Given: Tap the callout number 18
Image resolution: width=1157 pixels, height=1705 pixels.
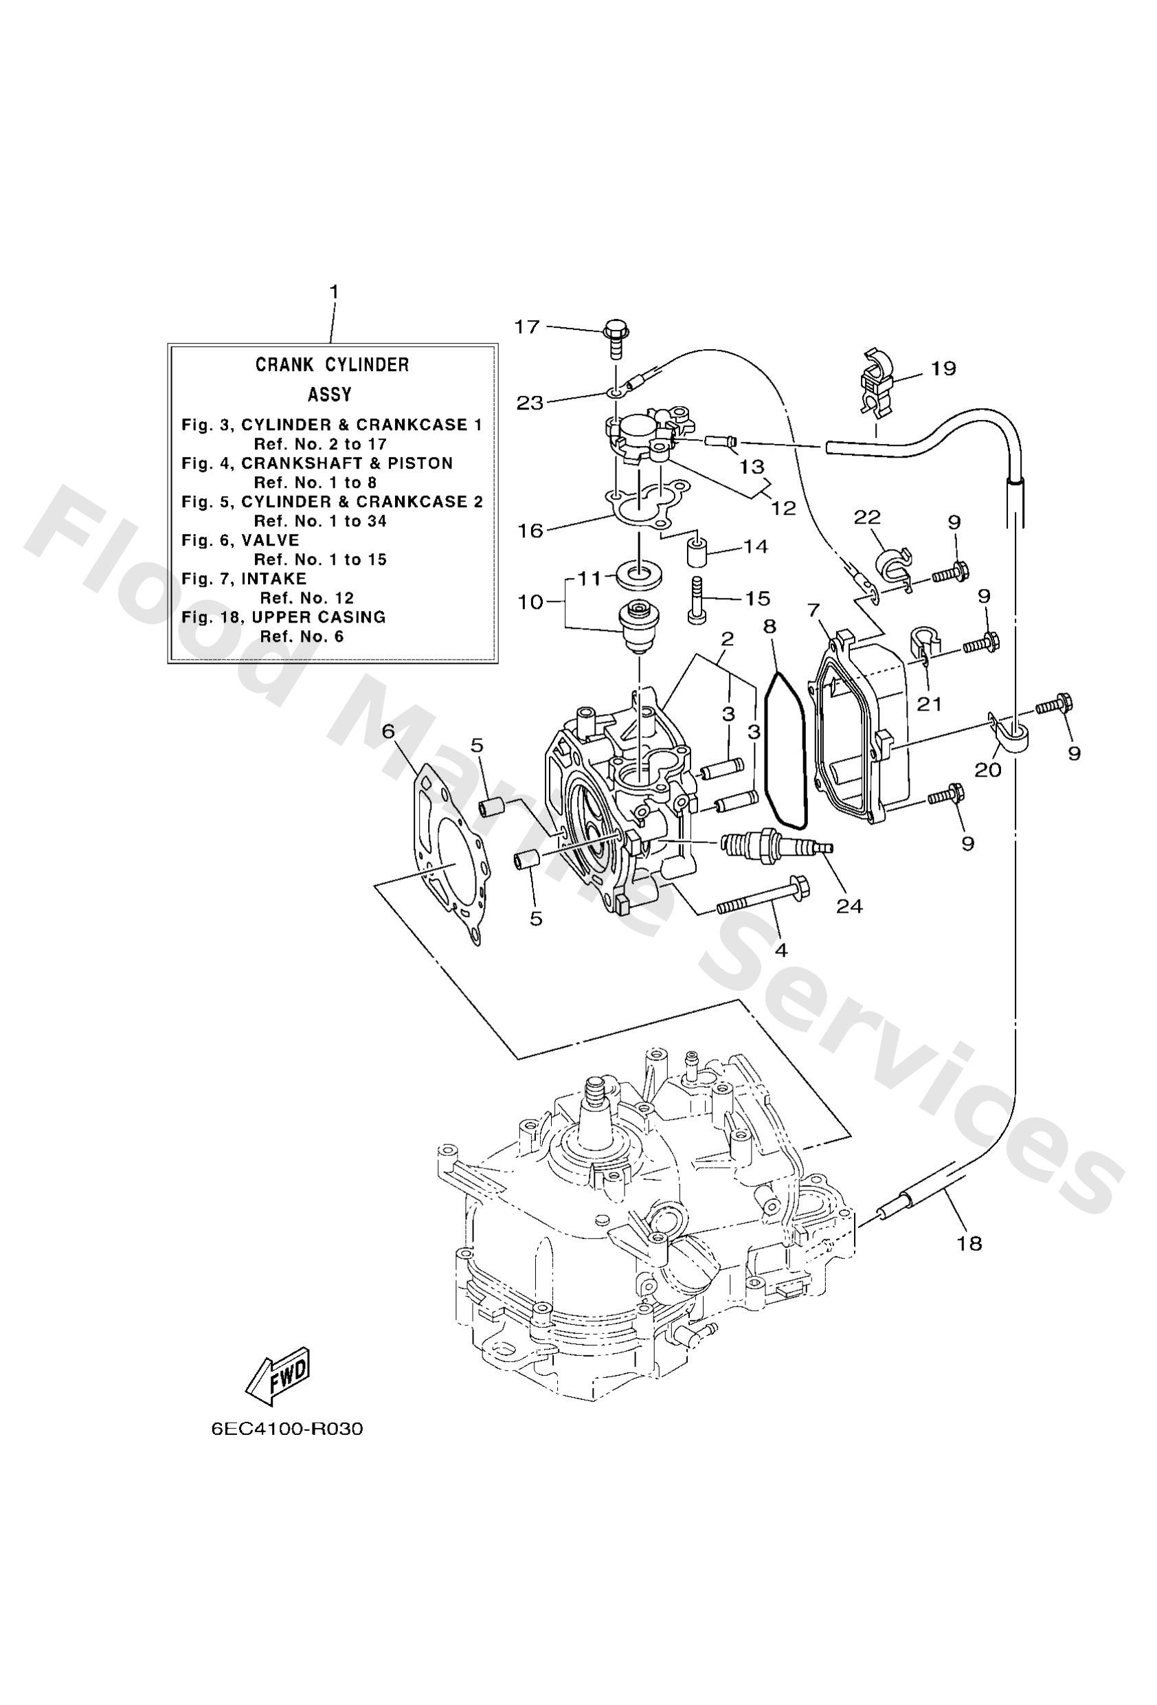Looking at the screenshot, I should click(x=969, y=1242).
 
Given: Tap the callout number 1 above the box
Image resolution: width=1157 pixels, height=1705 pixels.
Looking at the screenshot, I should click(x=333, y=292).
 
